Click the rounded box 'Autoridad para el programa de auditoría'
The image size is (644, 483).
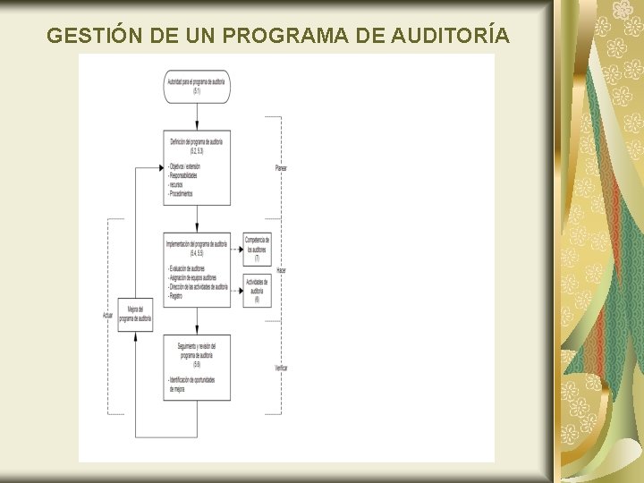[x=197, y=86]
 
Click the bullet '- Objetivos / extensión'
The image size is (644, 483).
[x=190, y=166]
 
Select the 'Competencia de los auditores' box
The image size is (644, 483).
[x=257, y=250]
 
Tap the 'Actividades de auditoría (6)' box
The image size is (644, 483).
[x=257, y=290]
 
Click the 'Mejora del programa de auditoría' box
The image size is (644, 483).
[x=140, y=314]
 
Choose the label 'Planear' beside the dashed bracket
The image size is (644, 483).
[x=281, y=167]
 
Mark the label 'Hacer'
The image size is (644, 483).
[x=281, y=269]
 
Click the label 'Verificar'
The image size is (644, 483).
[x=282, y=368]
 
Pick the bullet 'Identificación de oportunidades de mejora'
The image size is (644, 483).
[x=196, y=386]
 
